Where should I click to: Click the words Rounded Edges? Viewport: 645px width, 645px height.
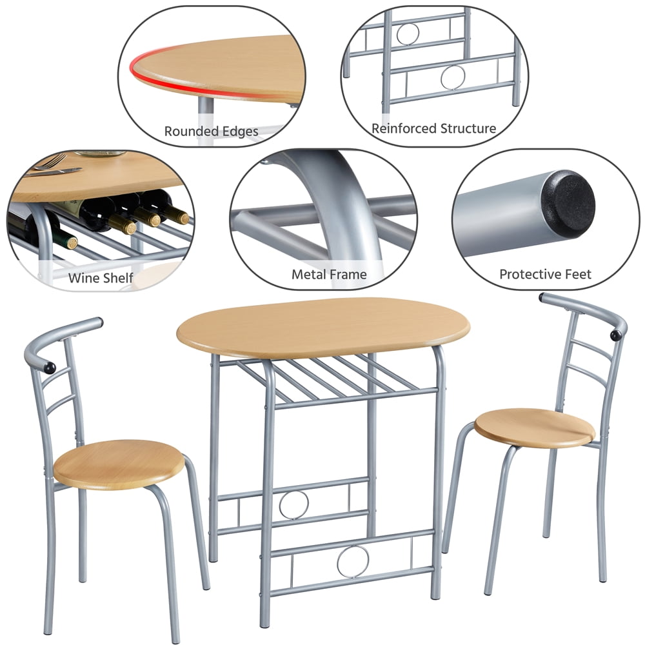coord(211,131)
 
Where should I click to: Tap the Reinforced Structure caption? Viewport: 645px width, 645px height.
coord(433,128)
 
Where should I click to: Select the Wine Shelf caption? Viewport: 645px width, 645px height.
coord(101,277)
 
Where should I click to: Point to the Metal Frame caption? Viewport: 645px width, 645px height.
coord(329,274)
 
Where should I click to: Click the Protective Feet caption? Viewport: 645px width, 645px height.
coord(545,274)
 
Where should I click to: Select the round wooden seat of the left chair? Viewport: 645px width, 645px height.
coord(119,464)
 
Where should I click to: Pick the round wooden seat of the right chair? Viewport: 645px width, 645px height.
coord(535,428)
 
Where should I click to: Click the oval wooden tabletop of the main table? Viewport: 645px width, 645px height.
coord(323,327)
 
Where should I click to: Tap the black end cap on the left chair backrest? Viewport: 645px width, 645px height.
coord(50,368)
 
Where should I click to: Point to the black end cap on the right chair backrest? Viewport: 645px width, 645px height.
coord(615,335)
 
